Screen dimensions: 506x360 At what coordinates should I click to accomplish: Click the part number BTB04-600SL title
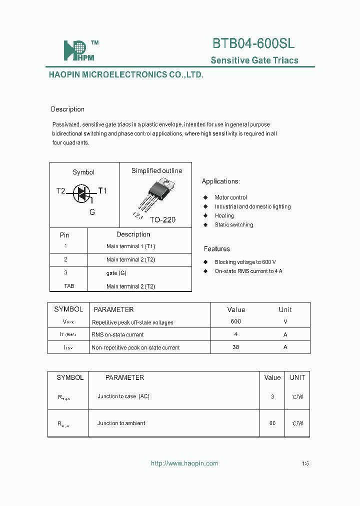point(253,43)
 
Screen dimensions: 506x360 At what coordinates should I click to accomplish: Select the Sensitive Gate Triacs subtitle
point(254,60)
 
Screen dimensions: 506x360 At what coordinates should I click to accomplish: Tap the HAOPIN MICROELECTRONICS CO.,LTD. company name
point(126,74)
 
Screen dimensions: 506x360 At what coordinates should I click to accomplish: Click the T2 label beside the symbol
point(60,191)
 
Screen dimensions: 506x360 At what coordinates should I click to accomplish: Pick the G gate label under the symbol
point(92,212)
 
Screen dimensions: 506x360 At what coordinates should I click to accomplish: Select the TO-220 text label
point(162,219)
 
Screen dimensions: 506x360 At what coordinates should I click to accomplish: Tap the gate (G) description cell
point(116,273)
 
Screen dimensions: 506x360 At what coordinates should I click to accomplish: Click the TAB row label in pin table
point(68,286)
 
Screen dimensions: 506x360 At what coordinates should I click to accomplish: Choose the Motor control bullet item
point(230,197)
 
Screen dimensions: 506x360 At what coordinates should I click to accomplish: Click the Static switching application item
point(233,225)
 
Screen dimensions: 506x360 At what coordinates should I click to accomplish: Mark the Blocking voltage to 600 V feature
point(245,262)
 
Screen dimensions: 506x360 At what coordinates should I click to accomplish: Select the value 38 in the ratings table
point(235,347)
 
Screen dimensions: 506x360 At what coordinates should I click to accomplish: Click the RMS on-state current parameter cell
point(117,334)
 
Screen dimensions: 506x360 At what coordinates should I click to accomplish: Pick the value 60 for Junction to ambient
point(272,423)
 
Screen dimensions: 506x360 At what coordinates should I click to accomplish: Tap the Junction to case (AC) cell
point(123,396)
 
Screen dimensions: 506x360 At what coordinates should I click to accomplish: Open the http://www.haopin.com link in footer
point(184,463)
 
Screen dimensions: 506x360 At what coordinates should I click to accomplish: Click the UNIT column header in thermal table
point(297,377)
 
